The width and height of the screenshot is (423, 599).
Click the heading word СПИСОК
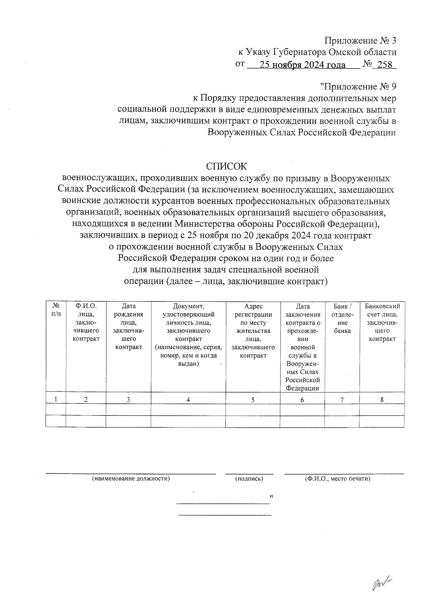[227, 166]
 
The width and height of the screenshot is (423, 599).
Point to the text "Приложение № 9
[358, 86]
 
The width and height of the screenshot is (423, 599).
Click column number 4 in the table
[188, 400]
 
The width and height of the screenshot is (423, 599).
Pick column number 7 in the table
[342, 400]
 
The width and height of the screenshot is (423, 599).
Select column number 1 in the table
[56, 400]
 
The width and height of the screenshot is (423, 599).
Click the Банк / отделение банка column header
[342, 318]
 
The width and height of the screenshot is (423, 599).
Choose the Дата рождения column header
[128, 327]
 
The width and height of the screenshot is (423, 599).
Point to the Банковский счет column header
[382, 322]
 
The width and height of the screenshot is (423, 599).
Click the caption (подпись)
[249, 479]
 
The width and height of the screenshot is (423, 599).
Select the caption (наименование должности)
[131, 479]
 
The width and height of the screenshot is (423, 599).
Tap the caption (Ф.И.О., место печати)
[337, 479]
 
